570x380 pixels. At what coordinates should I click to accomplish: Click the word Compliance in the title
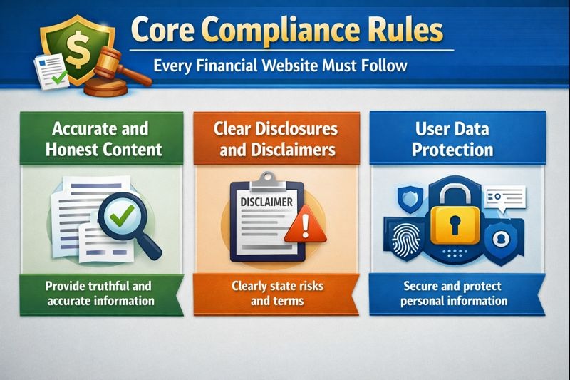(277, 32)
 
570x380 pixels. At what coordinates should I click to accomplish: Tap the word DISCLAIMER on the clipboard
(264, 202)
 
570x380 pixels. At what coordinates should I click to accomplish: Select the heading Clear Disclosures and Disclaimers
(276, 139)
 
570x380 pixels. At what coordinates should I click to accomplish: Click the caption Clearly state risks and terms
(277, 293)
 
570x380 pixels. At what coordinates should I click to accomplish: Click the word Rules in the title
(409, 32)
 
